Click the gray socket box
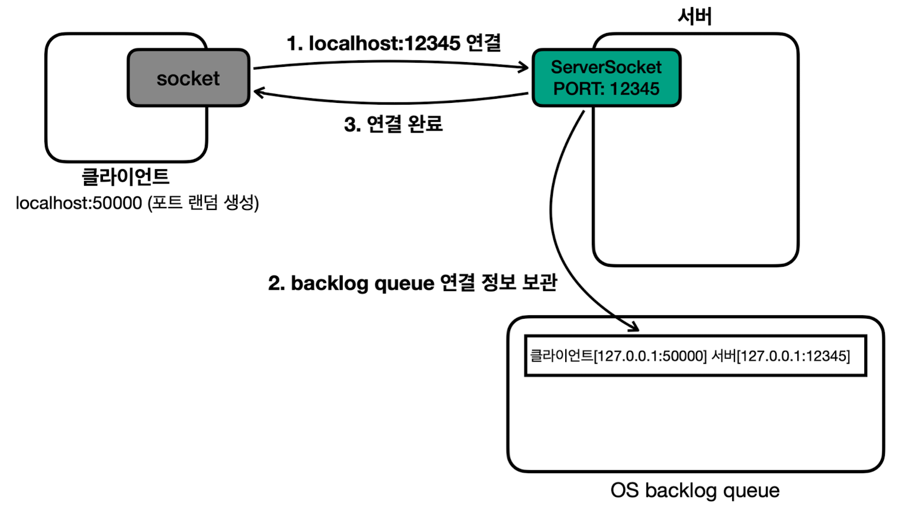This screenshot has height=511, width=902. pyautogui.click(x=188, y=77)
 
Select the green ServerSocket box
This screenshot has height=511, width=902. pyautogui.click(x=607, y=77)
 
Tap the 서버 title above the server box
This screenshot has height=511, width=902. pyautogui.click(x=695, y=17)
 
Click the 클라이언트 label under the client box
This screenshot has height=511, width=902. pyautogui.click(x=125, y=177)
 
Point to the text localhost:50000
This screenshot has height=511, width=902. pyautogui.click(x=79, y=203)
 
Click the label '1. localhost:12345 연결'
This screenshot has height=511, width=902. pyautogui.click(x=394, y=43)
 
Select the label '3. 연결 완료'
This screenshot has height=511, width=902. pyautogui.click(x=394, y=124)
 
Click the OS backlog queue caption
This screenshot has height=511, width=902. pyautogui.click(x=695, y=490)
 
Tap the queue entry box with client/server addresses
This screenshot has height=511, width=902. pyautogui.click(x=695, y=355)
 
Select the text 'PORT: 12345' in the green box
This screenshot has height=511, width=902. pyautogui.click(x=607, y=89)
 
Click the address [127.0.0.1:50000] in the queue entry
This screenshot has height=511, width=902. pyautogui.click(x=650, y=356)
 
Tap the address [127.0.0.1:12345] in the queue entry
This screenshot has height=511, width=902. pyautogui.click(x=793, y=356)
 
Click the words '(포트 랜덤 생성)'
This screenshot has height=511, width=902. pyautogui.click(x=204, y=203)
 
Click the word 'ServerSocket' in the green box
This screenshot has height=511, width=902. pyautogui.click(x=607, y=67)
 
